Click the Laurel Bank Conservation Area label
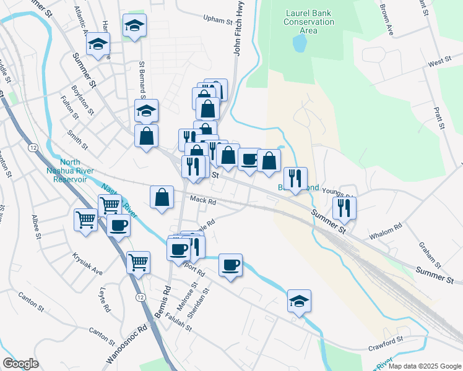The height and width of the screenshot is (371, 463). tap(310, 22)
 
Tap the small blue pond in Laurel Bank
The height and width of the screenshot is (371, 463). tap(300, 43)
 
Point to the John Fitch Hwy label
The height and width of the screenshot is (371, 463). tap(236, 30)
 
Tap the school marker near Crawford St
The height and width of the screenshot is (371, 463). tap(299, 301)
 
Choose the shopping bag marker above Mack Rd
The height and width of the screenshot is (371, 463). tap(162, 198)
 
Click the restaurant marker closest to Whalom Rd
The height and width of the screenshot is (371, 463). tap(344, 208)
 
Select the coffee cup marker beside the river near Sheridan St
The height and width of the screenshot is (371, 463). tap(230, 265)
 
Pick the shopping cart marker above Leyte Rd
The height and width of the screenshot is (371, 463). tap(139, 262)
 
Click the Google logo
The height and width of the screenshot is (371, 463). tap(20, 364)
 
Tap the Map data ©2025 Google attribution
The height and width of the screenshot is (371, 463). tap(424, 366)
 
